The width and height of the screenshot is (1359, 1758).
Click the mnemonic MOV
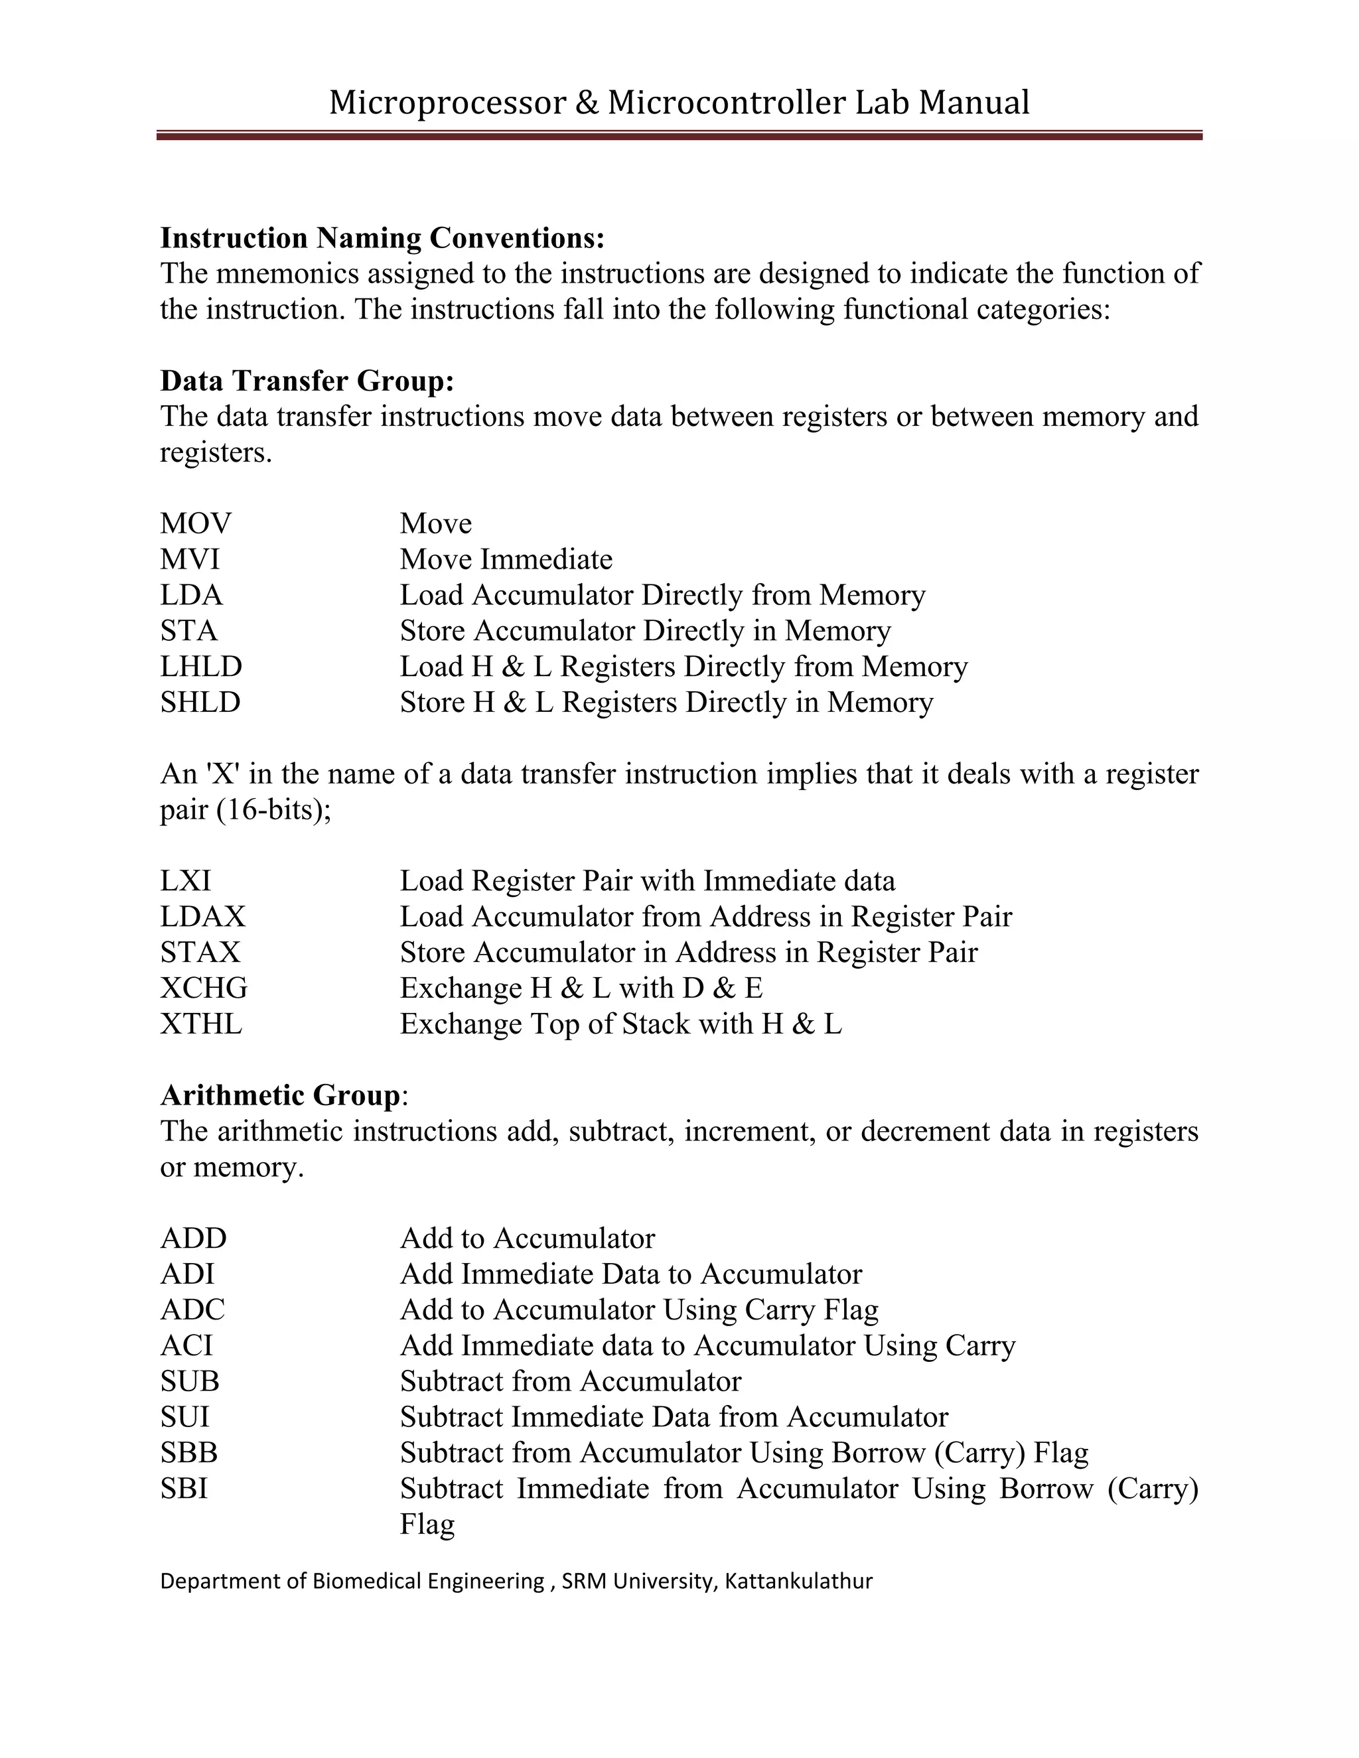[x=196, y=524]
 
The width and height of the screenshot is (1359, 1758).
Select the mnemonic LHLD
[x=201, y=667]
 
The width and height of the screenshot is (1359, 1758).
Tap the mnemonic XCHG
[x=204, y=988]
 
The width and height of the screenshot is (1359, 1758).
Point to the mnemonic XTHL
[x=201, y=1024]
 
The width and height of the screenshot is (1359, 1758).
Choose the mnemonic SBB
[x=189, y=1452]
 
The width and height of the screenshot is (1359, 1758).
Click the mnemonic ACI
[x=186, y=1345]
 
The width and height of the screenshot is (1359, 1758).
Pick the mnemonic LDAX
[x=203, y=917]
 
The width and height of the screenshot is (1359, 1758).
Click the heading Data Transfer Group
[x=307, y=381]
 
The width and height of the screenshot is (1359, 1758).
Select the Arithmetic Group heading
[x=280, y=1095]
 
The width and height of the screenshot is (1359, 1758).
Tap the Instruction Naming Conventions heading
[x=382, y=238]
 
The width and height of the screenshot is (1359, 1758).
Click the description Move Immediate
[x=506, y=559]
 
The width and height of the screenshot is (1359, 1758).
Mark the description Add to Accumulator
[x=528, y=1238]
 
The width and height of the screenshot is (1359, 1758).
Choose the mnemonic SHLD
[x=200, y=703]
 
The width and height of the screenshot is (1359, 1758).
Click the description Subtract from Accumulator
[x=570, y=1381]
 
